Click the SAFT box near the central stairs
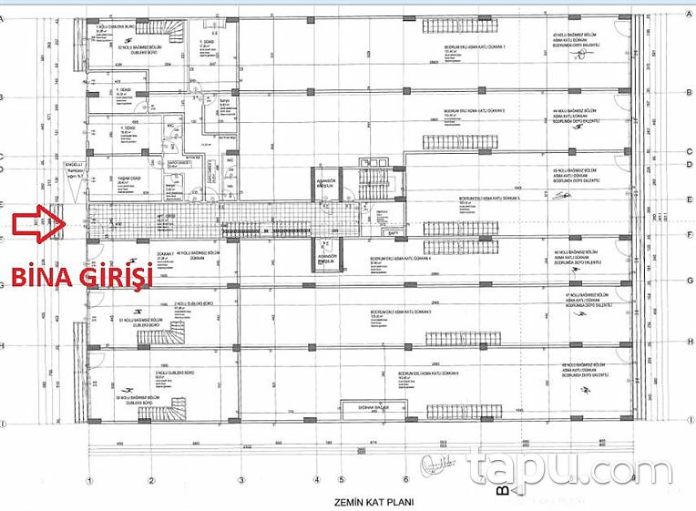[392, 232]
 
